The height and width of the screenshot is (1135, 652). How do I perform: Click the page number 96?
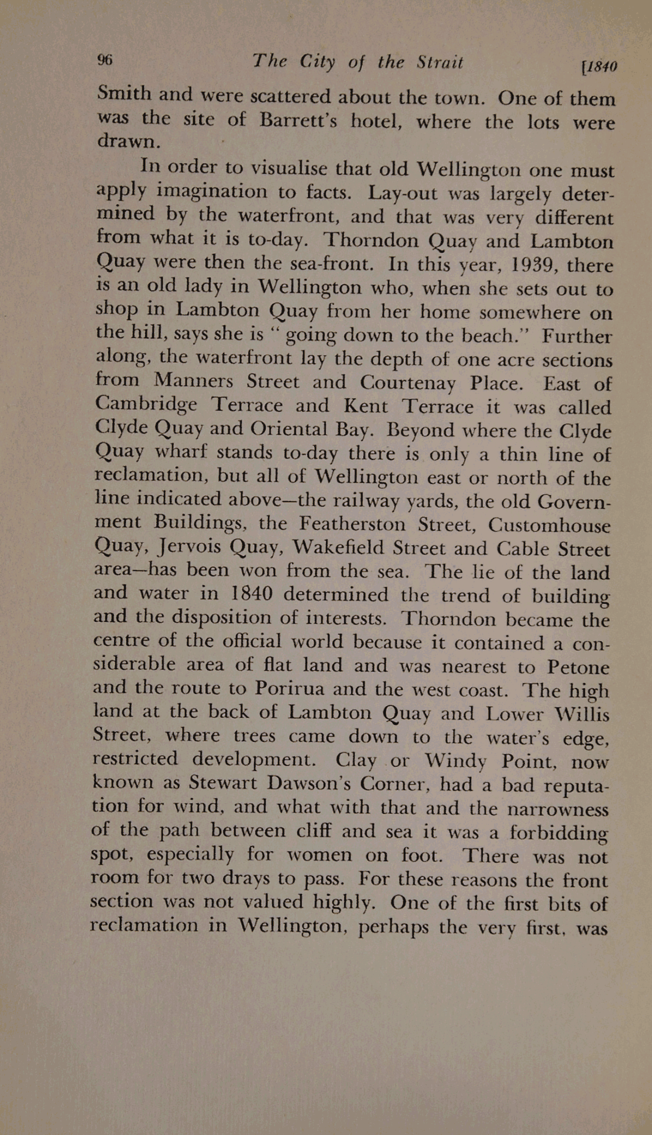(x=105, y=60)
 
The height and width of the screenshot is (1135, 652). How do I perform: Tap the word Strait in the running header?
(x=440, y=62)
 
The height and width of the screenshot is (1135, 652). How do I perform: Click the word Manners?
(x=194, y=380)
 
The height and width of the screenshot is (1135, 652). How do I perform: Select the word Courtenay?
(x=407, y=383)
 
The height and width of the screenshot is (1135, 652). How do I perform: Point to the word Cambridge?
(x=146, y=404)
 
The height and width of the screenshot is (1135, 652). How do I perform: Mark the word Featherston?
(x=351, y=523)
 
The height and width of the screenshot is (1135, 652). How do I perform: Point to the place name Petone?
(x=578, y=667)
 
